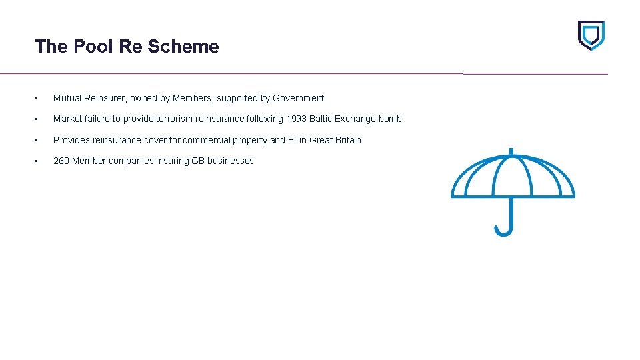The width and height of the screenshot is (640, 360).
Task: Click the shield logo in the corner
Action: [591, 35]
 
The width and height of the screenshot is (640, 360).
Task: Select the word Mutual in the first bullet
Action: [67, 99]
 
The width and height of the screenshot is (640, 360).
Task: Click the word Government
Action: [298, 99]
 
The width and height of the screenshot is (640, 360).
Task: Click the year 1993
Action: [295, 119]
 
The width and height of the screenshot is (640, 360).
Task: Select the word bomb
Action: [390, 119]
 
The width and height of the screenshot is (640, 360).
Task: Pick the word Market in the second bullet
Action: [67, 119]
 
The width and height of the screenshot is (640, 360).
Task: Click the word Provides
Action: [71, 140]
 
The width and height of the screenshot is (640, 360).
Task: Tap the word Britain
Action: [347, 140]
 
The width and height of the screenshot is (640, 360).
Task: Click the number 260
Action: [61, 161]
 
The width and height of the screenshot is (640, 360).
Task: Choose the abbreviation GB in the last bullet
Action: [198, 161]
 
